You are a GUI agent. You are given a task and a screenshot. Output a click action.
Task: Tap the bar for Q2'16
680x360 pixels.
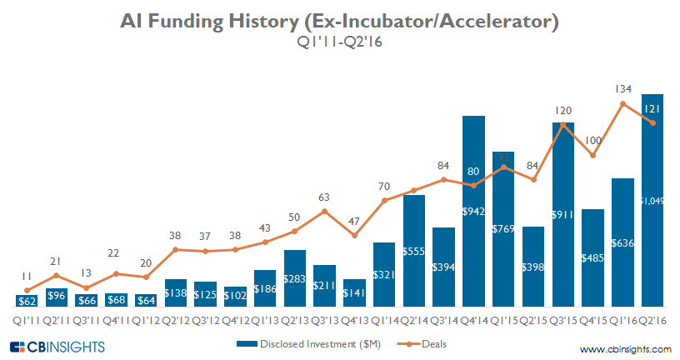[x=652, y=201]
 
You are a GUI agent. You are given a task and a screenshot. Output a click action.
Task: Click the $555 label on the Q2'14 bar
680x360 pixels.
[x=414, y=251]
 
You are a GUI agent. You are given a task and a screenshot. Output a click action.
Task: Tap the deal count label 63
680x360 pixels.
[x=325, y=197]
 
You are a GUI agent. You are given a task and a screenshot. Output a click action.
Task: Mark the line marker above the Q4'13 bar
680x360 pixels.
[x=355, y=236]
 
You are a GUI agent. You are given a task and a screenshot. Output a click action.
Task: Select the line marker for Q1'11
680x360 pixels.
[x=27, y=290]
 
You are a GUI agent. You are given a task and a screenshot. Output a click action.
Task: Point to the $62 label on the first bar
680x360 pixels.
[x=27, y=301]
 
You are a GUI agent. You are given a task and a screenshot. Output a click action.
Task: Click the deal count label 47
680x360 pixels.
[x=355, y=222]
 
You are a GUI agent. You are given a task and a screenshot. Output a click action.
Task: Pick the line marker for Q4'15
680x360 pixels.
[x=593, y=155]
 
